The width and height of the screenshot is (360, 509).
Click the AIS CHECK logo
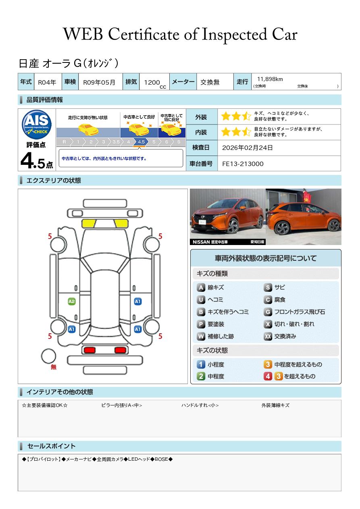(x=37, y=124)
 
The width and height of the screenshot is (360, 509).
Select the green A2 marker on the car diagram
(x=72, y=301)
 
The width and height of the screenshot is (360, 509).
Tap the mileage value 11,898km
(x=270, y=79)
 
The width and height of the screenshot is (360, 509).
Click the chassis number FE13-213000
(x=243, y=164)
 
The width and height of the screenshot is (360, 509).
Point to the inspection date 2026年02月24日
(x=247, y=148)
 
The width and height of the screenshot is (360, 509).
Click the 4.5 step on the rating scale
(x=141, y=142)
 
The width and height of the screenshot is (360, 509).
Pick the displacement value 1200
(x=152, y=82)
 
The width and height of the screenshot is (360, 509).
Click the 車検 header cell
(x=70, y=81)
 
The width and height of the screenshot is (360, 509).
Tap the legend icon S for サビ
(x=268, y=287)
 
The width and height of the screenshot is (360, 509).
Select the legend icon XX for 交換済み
(x=268, y=336)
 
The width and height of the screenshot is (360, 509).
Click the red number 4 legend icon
(x=268, y=376)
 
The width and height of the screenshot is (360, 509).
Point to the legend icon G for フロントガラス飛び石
(x=268, y=312)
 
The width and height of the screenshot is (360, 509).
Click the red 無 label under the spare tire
(x=54, y=367)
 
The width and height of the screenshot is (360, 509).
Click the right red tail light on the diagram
(x=120, y=350)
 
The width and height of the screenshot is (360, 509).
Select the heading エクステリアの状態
(x=54, y=181)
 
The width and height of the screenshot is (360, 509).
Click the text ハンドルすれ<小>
(x=200, y=405)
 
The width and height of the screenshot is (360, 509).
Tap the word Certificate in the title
(x=144, y=34)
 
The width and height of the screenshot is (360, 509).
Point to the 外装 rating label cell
(x=201, y=117)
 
